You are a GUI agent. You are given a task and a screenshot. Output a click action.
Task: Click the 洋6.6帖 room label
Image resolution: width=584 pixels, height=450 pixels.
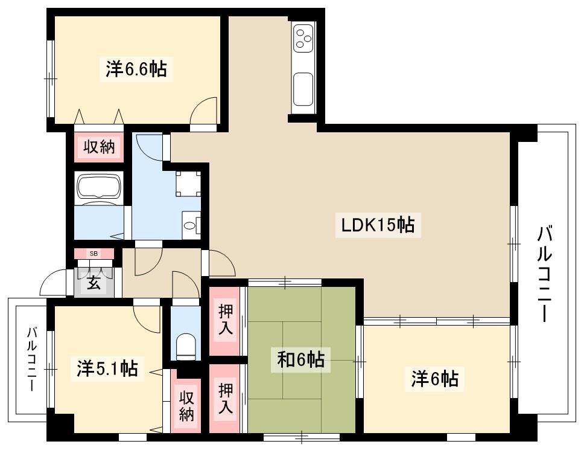click(136, 69)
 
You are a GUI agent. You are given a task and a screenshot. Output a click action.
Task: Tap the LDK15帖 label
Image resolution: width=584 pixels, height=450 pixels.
click(378, 225)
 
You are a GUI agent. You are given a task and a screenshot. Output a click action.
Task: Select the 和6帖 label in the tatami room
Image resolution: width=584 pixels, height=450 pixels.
click(301, 360)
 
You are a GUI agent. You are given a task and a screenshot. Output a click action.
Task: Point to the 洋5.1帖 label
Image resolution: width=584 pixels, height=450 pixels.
click(107, 368)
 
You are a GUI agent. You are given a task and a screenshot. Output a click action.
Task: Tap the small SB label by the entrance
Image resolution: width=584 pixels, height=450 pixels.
click(94, 254)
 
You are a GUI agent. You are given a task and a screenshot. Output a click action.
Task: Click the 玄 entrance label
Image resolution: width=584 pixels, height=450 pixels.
click(94, 283)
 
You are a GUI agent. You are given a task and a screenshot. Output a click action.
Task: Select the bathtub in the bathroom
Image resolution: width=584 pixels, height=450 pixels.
click(99, 185)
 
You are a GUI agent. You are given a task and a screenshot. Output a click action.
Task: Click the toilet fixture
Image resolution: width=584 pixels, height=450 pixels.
click(185, 346)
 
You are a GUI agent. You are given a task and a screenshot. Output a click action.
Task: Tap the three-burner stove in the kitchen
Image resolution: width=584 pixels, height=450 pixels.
click(303, 38)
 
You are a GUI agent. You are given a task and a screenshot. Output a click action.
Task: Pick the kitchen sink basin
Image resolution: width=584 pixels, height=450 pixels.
click(303, 89)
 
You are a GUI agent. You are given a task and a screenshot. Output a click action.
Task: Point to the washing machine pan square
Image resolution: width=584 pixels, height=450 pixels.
click(188, 184)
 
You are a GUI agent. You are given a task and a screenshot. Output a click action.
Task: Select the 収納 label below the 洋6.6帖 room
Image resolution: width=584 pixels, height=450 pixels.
click(99, 147)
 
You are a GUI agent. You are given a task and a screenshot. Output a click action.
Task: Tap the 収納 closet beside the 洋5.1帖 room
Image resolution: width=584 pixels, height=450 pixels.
click(186, 406)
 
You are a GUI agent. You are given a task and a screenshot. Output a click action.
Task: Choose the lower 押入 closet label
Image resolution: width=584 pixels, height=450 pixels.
click(226, 398)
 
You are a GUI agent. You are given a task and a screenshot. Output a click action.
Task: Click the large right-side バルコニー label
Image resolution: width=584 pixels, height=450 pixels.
click(545, 274)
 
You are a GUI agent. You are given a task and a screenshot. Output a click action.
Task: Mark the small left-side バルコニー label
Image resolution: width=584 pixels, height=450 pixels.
click(32, 359)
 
